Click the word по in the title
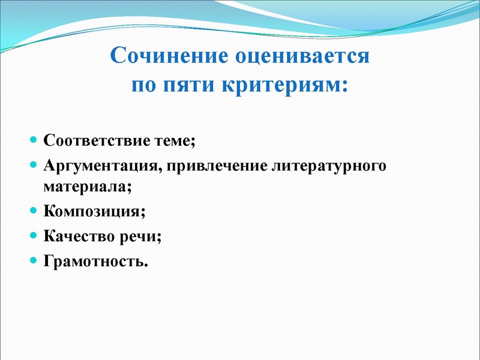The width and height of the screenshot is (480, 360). (x=144, y=85)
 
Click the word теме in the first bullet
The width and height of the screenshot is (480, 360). (x=175, y=141)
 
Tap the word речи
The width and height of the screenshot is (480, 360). (x=142, y=236)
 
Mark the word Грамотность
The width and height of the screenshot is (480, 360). (x=95, y=261)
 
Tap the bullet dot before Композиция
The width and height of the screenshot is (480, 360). (x=33, y=211)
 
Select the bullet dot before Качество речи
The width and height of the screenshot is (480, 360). (x=33, y=236)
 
